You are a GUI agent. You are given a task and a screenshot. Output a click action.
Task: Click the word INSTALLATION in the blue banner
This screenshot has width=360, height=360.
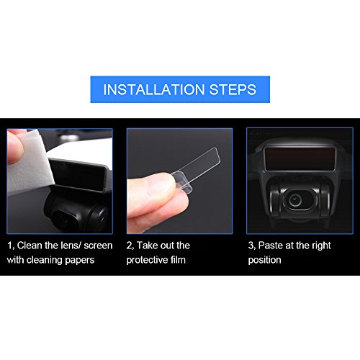[153, 89]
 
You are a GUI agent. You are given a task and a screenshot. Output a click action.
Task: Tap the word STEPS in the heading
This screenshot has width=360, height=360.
[233, 89]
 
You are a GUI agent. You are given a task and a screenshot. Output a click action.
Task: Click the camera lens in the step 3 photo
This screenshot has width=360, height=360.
[294, 200]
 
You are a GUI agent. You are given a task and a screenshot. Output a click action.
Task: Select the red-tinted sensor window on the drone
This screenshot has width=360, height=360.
[300, 159]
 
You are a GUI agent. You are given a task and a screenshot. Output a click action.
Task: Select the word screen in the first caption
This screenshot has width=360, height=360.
[98, 246]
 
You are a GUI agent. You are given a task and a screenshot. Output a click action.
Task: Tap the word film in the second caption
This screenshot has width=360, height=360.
[177, 260]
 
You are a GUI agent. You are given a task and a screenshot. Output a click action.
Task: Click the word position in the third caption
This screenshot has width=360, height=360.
[264, 261]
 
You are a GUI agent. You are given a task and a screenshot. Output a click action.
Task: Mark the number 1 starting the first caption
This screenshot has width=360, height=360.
[9, 246]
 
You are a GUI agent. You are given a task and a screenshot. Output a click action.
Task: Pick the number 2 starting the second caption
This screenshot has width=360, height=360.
[130, 246]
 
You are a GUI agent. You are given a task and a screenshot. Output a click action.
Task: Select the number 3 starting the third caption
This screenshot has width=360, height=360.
[251, 246]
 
